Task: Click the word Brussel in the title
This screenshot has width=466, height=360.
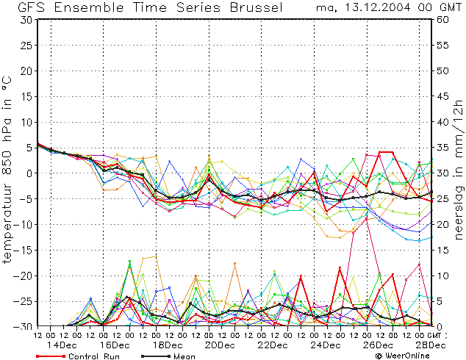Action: pos(257,7)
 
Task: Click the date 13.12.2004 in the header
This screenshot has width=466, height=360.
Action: pos(378,7)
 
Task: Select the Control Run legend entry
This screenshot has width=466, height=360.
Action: pos(78,356)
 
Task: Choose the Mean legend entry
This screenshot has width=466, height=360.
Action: pos(168,356)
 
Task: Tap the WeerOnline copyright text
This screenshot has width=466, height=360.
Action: pos(403,356)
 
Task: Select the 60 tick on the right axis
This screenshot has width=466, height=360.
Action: pos(442,20)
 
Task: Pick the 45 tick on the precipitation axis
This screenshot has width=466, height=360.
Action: pos(442,96)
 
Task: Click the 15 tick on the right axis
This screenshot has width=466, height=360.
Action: pos(442,250)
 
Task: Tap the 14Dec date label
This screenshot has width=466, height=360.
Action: pos(62,345)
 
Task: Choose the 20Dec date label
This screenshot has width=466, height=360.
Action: pos(220,345)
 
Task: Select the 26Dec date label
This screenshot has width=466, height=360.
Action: pos(378,345)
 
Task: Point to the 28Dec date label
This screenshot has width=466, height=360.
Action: pos(431,345)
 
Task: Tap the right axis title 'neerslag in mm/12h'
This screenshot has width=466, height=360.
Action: pos(459,170)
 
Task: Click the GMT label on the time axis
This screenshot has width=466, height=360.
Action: pos(434,335)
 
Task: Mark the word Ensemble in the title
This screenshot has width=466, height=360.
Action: pos(89,7)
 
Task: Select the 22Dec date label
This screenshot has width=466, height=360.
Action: pos(273,345)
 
